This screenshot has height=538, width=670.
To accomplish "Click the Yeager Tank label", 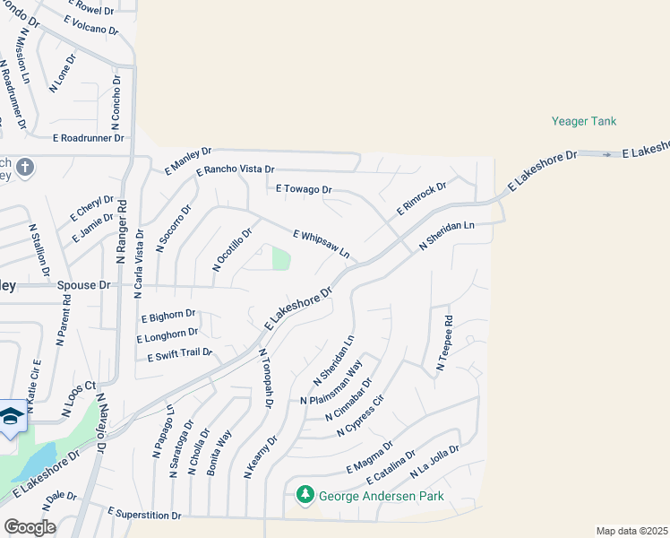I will (583, 121).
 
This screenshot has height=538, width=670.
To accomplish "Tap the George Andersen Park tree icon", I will (305, 494).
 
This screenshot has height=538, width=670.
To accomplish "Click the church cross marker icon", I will (26, 167).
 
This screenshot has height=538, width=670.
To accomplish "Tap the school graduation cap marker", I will (11, 416).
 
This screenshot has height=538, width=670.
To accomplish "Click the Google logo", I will (30, 527).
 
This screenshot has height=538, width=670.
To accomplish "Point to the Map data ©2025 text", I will (631, 531).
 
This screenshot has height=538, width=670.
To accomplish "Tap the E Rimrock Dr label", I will (421, 199).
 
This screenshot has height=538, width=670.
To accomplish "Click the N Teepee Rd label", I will (444, 343).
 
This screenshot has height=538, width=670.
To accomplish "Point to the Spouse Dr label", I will (82, 285).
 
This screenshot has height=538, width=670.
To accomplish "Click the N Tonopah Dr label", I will (266, 377).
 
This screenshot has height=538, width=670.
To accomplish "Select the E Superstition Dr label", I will (144, 515).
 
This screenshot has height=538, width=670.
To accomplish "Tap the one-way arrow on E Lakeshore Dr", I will (606, 154).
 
